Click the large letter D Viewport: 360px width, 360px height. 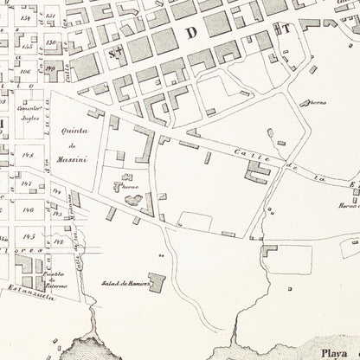190,31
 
